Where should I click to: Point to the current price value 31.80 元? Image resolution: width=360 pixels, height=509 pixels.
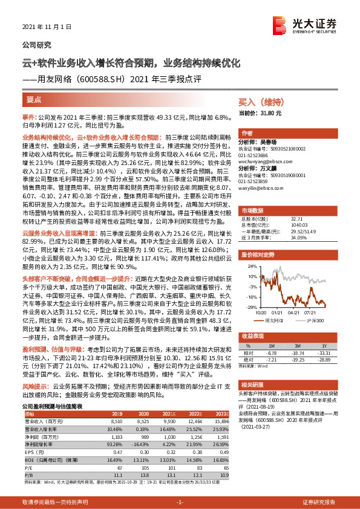tap(269, 113)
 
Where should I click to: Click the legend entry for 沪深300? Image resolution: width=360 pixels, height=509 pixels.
tap(312, 320)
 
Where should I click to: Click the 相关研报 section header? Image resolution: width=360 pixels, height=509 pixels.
tap(254, 384)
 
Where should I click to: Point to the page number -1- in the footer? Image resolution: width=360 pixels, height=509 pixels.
tap(180, 502)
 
